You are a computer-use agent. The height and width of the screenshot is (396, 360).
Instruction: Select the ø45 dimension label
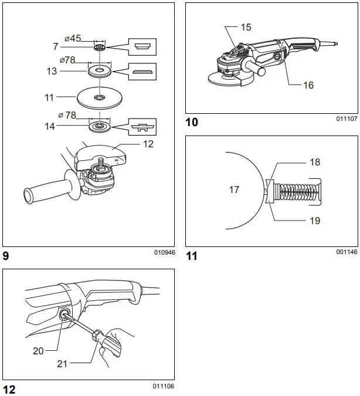(73, 38)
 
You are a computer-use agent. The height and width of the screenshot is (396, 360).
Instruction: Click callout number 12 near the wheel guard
(148, 144)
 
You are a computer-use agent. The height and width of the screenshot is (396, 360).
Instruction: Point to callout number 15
(245, 28)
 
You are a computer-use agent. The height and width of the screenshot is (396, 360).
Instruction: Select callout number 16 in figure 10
(308, 85)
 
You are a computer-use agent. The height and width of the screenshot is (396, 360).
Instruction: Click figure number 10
(192, 122)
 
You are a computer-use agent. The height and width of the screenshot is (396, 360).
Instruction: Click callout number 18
(314, 162)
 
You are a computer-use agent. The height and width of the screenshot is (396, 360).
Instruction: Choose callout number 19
(314, 221)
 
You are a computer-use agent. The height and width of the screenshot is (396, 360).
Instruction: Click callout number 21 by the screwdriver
(62, 364)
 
